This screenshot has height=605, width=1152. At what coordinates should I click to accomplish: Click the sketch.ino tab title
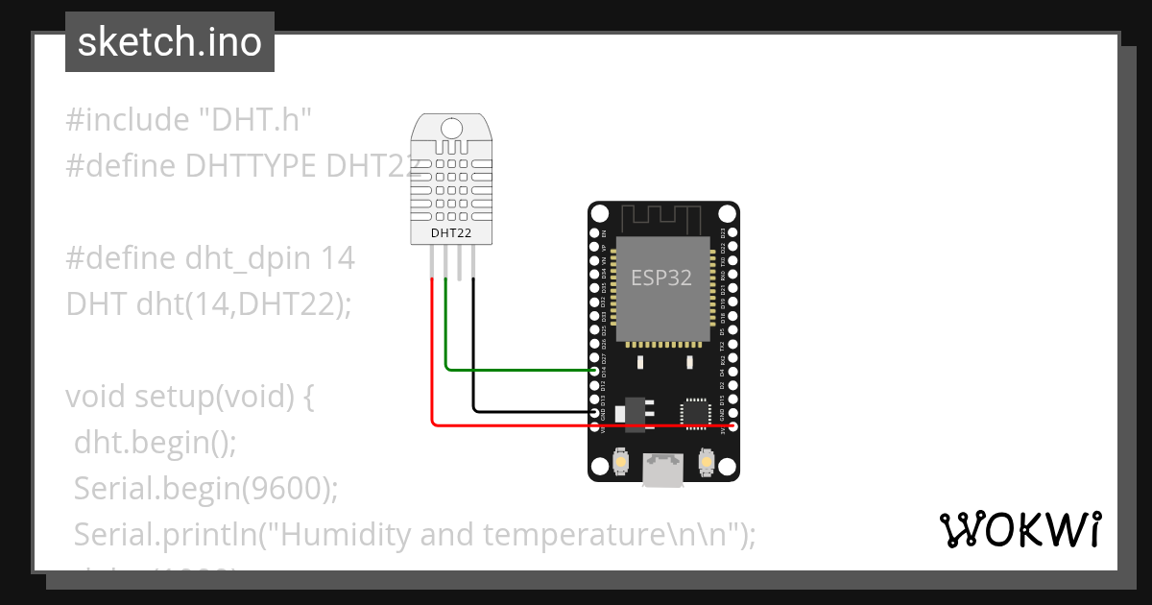click(169, 42)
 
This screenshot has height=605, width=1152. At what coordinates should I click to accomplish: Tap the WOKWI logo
click(1020, 530)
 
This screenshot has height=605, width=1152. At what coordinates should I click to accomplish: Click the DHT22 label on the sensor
click(449, 232)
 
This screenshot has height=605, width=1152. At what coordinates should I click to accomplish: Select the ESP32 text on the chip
click(660, 278)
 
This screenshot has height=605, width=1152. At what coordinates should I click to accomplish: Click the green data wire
click(518, 369)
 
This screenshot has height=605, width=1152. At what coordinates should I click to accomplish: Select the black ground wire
click(528, 412)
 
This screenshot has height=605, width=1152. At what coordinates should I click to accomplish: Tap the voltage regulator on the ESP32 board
click(631, 411)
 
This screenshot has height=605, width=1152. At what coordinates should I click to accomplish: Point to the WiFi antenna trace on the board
click(663, 216)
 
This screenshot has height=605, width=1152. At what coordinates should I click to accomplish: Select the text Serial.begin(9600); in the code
click(206, 488)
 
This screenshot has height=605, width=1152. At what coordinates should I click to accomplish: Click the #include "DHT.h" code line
click(190, 120)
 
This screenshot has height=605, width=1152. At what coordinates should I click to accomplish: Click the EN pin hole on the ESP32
click(595, 233)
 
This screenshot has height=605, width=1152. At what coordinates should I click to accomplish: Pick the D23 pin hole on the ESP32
click(732, 233)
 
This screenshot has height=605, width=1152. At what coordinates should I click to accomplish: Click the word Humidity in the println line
click(342, 534)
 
